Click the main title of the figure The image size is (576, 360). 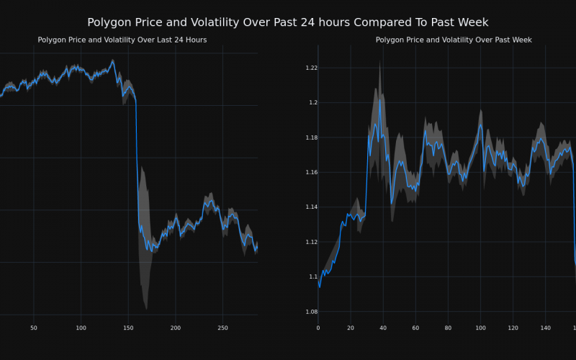(x=288, y=22)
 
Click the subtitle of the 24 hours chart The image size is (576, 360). (x=122, y=40)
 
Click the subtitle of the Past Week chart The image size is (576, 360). (x=454, y=40)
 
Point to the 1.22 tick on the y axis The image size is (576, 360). (x=311, y=68)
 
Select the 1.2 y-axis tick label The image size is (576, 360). (x=312, y=102)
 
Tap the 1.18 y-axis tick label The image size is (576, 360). (x=311, y=138)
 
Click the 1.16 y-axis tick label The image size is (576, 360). (x=311, y=172)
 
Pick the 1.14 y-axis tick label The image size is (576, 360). (x=311, y=207)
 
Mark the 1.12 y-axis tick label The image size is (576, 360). (x=311, y=242)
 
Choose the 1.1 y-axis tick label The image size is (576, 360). (x=312, y=276)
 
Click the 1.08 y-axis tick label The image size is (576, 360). (x=311, y=312)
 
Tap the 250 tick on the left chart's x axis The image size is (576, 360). (x=222, y=328)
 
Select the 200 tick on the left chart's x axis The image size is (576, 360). (x=176, y=328)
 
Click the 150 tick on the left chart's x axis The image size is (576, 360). (x=128, y=328)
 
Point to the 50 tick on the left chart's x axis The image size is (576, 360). (x=34, y=328)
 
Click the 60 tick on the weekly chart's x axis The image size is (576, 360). (x=415, y=328)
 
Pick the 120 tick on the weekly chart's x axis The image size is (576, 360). (x=513, y=328)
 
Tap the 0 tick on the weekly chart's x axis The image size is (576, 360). (x=318, y=328)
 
